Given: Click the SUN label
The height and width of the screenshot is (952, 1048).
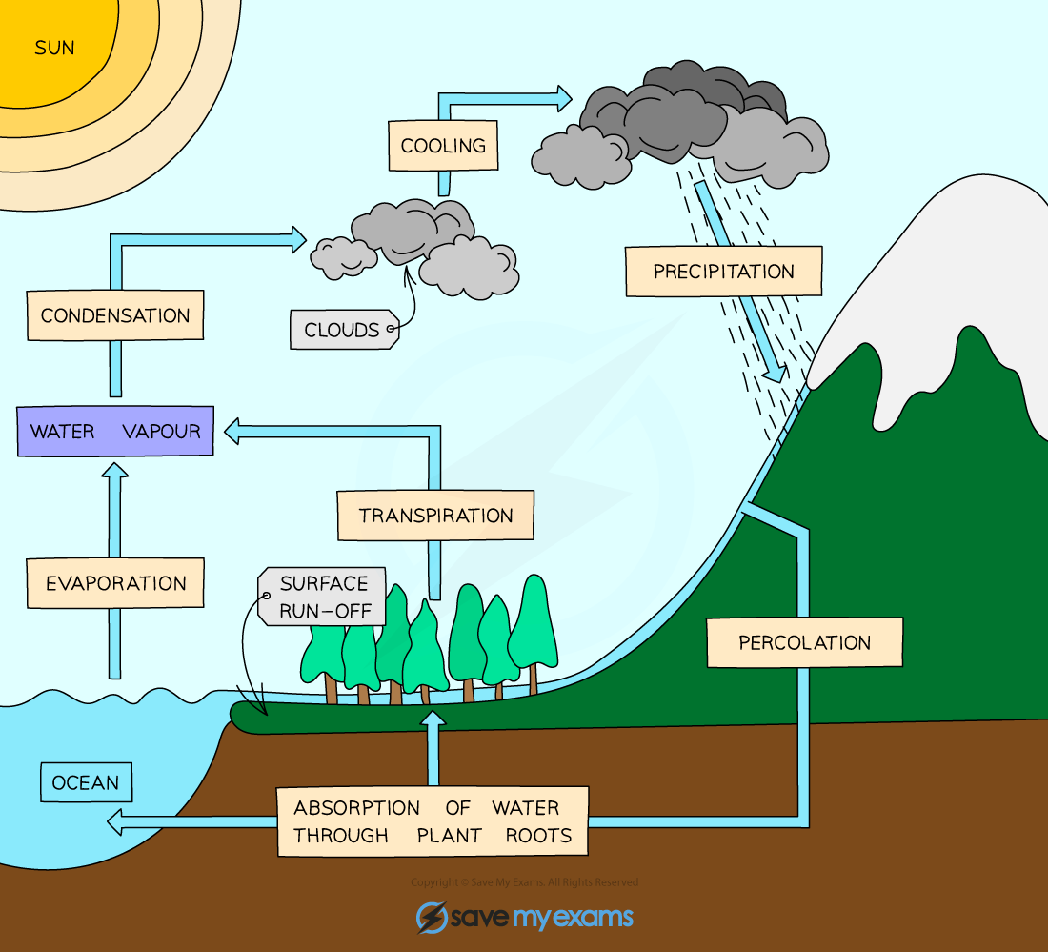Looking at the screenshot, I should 54,47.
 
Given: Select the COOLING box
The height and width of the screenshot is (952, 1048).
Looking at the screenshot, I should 443,146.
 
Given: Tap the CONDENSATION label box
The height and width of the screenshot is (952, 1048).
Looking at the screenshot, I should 115,315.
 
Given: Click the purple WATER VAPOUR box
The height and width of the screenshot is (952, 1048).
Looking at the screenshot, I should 115,431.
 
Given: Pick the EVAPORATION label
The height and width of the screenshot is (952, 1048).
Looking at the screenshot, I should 116,583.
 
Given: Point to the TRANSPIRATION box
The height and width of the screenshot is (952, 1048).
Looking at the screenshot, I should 435,516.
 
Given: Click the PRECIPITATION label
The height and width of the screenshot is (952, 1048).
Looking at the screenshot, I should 723,272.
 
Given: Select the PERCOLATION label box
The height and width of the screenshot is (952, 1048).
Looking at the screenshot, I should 804,642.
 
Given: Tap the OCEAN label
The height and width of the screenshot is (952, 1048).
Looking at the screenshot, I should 86,782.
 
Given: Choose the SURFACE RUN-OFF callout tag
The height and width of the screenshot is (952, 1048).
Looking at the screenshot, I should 322,598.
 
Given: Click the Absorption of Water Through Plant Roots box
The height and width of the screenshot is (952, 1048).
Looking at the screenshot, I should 433,821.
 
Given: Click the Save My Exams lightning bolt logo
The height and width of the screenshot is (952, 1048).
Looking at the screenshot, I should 432,917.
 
